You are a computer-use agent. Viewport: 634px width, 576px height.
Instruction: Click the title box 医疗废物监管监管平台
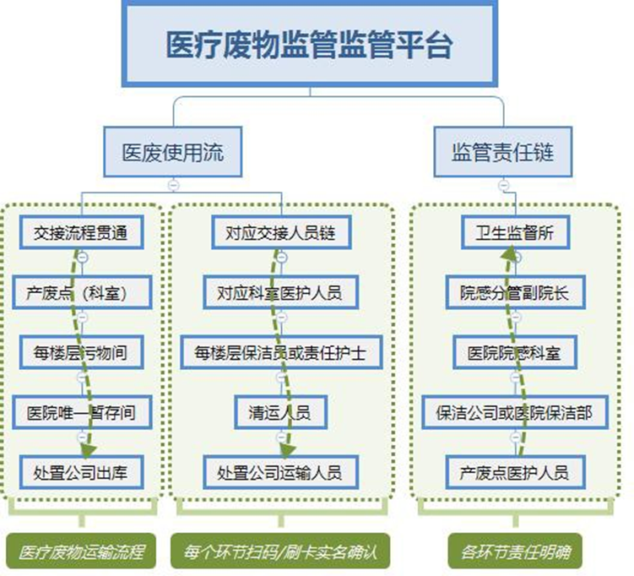(309, 43)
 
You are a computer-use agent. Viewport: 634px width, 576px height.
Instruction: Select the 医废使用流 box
(173, 153)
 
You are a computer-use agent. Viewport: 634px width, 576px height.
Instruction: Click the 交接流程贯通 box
(81, 233)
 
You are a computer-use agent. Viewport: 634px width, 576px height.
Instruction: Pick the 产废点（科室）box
(81, 293)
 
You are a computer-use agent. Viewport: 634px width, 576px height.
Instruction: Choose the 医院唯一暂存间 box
(81, 413)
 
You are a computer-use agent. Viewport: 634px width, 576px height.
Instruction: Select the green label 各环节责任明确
(515, 553)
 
